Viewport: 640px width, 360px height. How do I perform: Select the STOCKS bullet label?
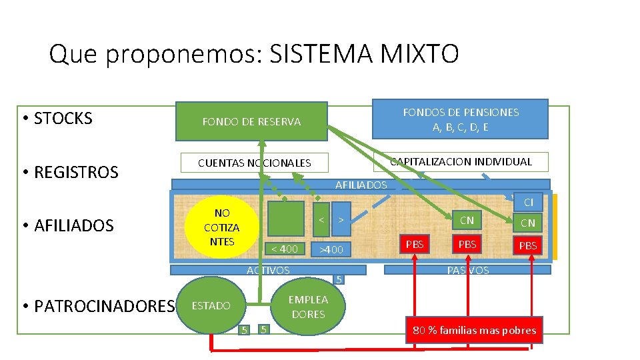pyautogui.click(x=63, y=119)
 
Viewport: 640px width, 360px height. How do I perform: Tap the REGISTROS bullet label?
pyautogui.click(x=76, y=172)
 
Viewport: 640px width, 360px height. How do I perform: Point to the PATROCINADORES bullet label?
pyautogui.click(x=103, y=306)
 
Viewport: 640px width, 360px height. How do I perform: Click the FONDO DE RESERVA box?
pyautogui.click(x=251, y=121)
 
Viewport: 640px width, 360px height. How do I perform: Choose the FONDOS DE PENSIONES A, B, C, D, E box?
pyautogui.click(x=461, y=119)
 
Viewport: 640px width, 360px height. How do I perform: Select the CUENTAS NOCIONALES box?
pyautogui.click(x=254, y=163)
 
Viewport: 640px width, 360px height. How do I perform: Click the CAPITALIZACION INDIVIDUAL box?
pyautogui.click(x=461, y=162)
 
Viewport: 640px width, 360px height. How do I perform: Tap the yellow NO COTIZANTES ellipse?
pyautogui.click(x=222, y=227)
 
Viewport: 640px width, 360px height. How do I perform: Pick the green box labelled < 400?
pyautogui.click(x=285, y=249)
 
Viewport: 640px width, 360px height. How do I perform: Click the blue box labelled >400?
pyautogui.click(x=331, y=249)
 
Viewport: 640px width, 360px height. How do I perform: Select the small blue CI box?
pyautogui.click(x=528, y=202)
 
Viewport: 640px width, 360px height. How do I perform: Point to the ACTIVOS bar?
pyautogui.click(x=268, y=270)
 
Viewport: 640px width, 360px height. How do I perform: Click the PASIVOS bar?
pyautogui.click(x=467, y=270)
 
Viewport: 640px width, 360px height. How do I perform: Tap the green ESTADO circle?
pyautogui.click(x=211, y=306)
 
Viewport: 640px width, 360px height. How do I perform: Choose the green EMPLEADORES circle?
pyautogui.click(x=308, y=307)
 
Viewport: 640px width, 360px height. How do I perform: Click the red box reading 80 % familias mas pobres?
pyautogui.click(x=474, y=330)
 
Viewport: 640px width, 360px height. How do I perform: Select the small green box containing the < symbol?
pyautogui.click(x=321, y=219)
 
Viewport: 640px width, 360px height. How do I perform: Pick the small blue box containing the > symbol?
pyautogui.click(x=341, y=219)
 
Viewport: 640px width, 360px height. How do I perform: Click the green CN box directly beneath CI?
pyautogui.click(x=528, y=223)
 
